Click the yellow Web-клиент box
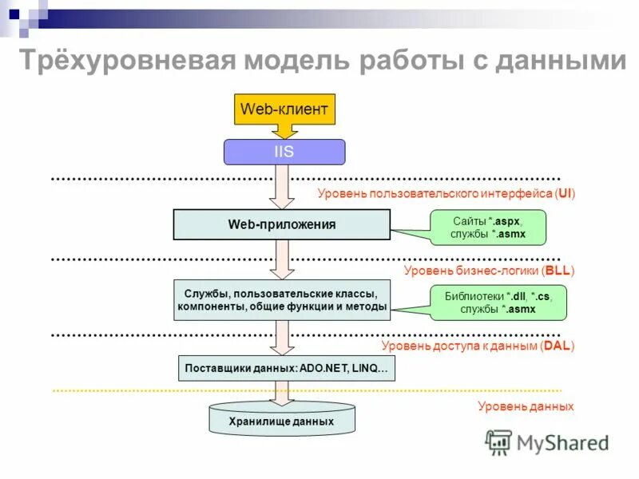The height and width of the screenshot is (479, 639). (284, 109)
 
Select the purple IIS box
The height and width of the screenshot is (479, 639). (284, 152)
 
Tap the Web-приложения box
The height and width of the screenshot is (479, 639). (282, 225)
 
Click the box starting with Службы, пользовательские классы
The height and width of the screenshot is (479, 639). (282, 299)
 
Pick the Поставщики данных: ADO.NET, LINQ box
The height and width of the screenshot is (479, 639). (286, 369)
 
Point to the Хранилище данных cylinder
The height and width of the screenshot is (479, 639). (281, 420)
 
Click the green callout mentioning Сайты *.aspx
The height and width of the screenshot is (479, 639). (478, 227)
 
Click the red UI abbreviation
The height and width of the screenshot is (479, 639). (564, 194)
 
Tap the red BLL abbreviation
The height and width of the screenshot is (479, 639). (558, 271)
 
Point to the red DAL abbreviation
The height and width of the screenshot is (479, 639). (557, 346)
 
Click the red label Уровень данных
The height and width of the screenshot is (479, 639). (526, 406)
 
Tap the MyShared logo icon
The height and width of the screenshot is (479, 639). (498, 442)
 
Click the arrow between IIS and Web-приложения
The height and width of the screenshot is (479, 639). (282, 186)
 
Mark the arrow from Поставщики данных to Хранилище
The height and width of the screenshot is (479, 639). (281, 393)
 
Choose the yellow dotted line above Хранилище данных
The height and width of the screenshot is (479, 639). (160, 390)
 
